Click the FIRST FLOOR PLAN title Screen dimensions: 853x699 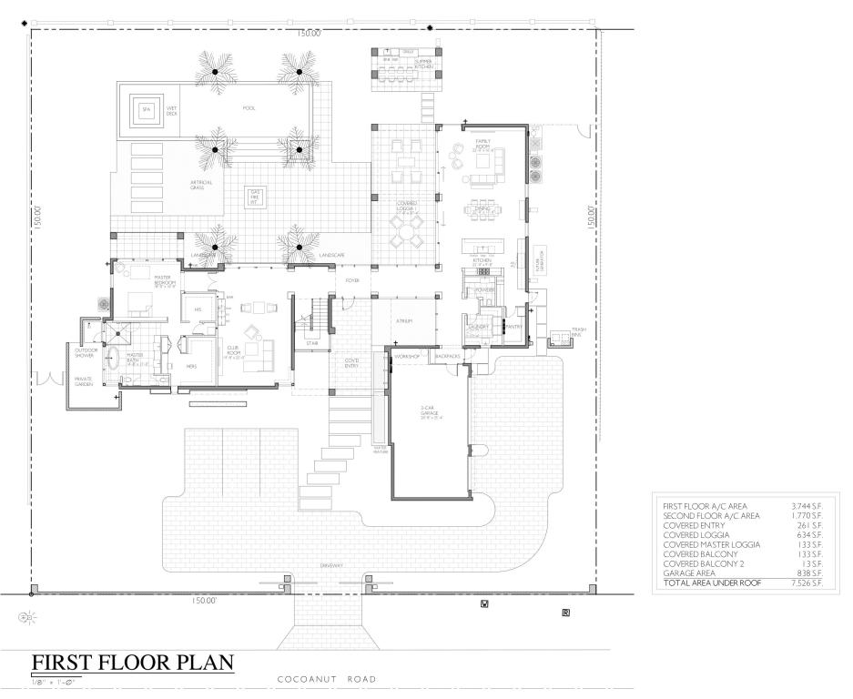pos(133,662)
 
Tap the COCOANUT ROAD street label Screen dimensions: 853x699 pos(327,679)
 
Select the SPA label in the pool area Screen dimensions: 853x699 pos(145,110)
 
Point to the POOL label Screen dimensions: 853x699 pos(249,108)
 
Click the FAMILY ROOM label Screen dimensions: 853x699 pos(483,144)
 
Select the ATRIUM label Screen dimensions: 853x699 pos(404,321)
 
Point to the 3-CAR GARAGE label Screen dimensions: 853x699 pos(430,412)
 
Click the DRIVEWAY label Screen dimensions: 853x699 pos(331,566)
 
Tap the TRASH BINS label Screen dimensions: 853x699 pos(577,332)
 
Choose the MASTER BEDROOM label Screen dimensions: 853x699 pos(165,280)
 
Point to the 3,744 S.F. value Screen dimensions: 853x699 pos(807,505)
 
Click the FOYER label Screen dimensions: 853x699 pos(352,280)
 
